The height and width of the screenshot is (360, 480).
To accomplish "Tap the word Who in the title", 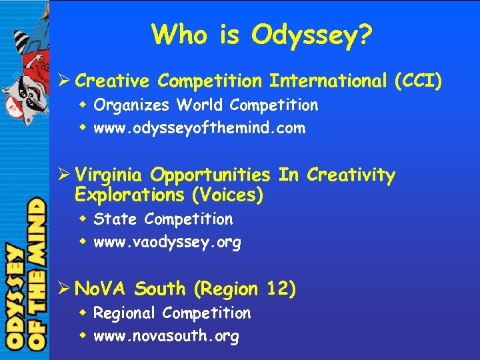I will tap(177, 34).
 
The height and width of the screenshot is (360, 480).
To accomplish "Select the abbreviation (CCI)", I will tap(418, 81).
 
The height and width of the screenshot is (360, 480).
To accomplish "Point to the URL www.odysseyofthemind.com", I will tap(199, 128).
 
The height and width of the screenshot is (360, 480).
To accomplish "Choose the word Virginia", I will tap(109, 175).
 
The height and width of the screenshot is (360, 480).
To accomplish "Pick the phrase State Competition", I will tap(163, 219).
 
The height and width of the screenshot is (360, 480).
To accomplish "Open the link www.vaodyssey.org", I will tap(167, 243).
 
